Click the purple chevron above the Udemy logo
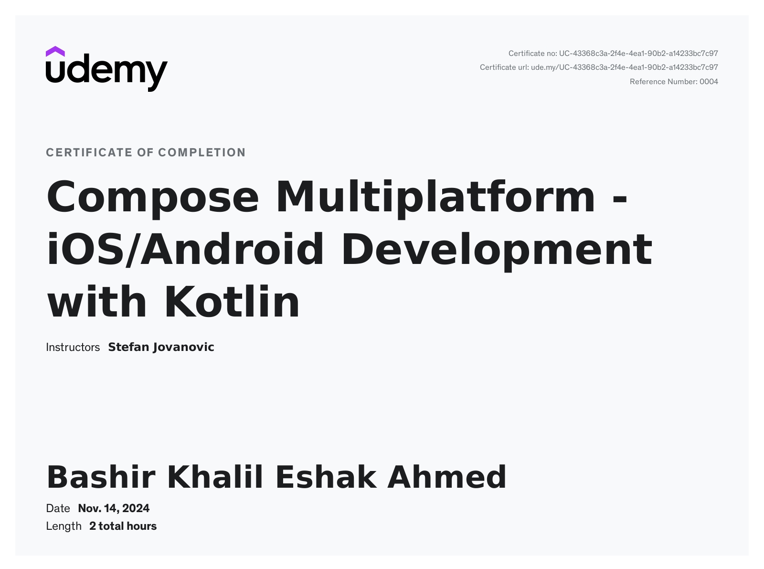(x=55, y=52)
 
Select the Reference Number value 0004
(x=709, y=82)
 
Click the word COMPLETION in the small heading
(x=202, y=153)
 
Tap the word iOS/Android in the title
(x=185, y=250)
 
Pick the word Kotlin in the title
(x=232, y=301)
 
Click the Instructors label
(x=73, y=347)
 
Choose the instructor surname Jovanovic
(x=183, y=348)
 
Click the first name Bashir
(x=101, y=477)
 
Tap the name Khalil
(x=215, y=477)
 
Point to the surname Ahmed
(x=447, y=477)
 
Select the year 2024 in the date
(x=136, y=508)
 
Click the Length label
(x=64, y=526)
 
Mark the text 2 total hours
(x=123, y=526)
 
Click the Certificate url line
(x=599, y=67)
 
